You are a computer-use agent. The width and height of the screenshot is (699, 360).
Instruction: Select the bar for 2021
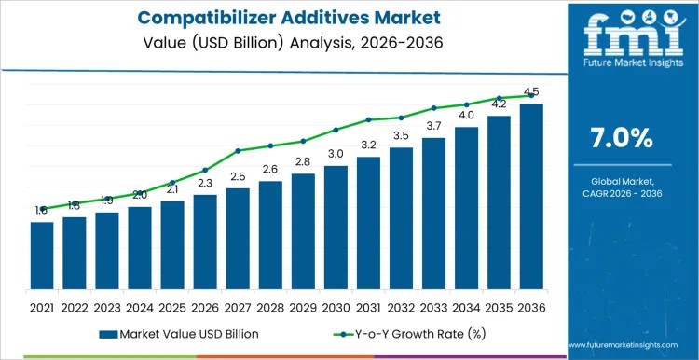[x=41, y=256]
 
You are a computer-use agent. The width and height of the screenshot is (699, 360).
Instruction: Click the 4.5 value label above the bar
[x=531, y=91]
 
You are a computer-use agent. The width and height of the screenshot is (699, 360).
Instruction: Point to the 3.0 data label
[x=336, y=153]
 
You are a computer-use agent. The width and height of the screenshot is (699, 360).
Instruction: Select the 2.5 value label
[x=238, y=176]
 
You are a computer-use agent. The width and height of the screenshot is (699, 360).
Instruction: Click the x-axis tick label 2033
[x=433, y=306]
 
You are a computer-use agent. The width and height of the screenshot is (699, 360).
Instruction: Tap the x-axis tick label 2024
[x=140, y=306]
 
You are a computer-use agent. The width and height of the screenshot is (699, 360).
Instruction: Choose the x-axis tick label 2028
[x=270, y=306]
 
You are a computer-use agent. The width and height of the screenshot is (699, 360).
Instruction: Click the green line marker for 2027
[x=238, y=150]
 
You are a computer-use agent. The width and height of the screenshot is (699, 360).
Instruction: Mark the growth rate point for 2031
[x=368, y=119]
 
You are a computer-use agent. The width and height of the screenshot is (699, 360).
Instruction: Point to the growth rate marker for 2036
[x=531, y=95]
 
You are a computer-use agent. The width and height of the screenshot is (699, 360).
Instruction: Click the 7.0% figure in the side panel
[x=622, y=138]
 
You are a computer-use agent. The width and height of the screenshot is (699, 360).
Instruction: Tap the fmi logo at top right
[x=622, y=42]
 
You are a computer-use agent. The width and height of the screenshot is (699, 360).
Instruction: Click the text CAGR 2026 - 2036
[x=622, y=193]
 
